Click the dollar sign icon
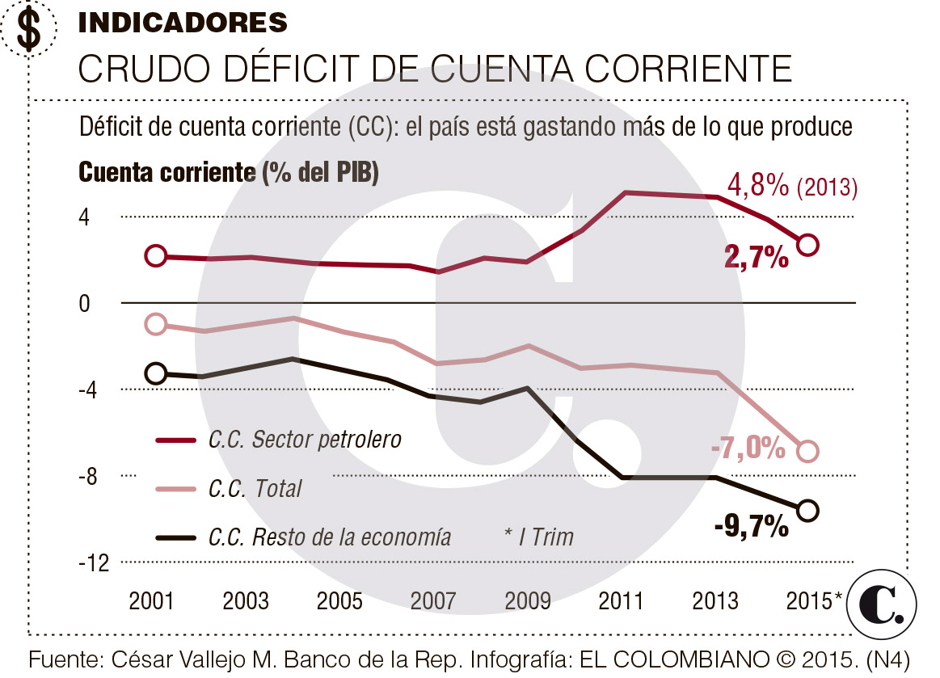click(x=29, y=29)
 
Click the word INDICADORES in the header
click(x=183, y=23)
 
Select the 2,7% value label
click(x=757, y=258)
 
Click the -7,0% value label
click(x=748, y=447)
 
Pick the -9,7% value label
click(x=752, y=527)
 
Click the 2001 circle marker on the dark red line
click(x=156, y=256)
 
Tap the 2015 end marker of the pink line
click(x=807, y=452)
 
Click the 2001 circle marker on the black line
click(x=156, y=373)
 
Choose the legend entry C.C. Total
click(x=254, y=488)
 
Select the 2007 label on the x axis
click(x=434, y=601)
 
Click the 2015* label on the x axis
click(x=815, y=601)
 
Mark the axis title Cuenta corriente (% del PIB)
click(x=229, y=172)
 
